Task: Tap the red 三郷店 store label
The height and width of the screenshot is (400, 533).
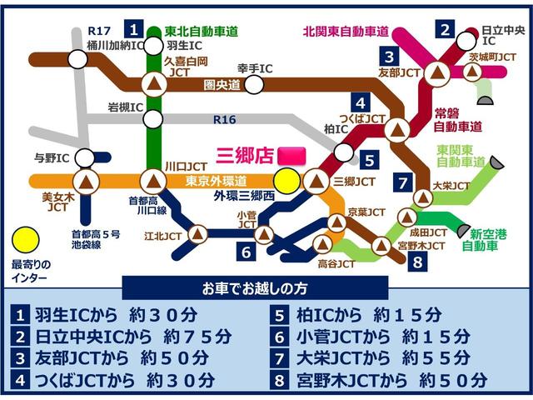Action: [244, 155]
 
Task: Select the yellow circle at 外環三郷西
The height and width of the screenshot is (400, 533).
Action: [287, 180]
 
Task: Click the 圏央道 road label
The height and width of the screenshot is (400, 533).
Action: [222, 84]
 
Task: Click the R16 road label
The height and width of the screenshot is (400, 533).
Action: [224, 120]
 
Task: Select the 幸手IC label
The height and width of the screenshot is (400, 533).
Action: [255, 67]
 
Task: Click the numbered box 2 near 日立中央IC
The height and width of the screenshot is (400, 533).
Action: [446, 32]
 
